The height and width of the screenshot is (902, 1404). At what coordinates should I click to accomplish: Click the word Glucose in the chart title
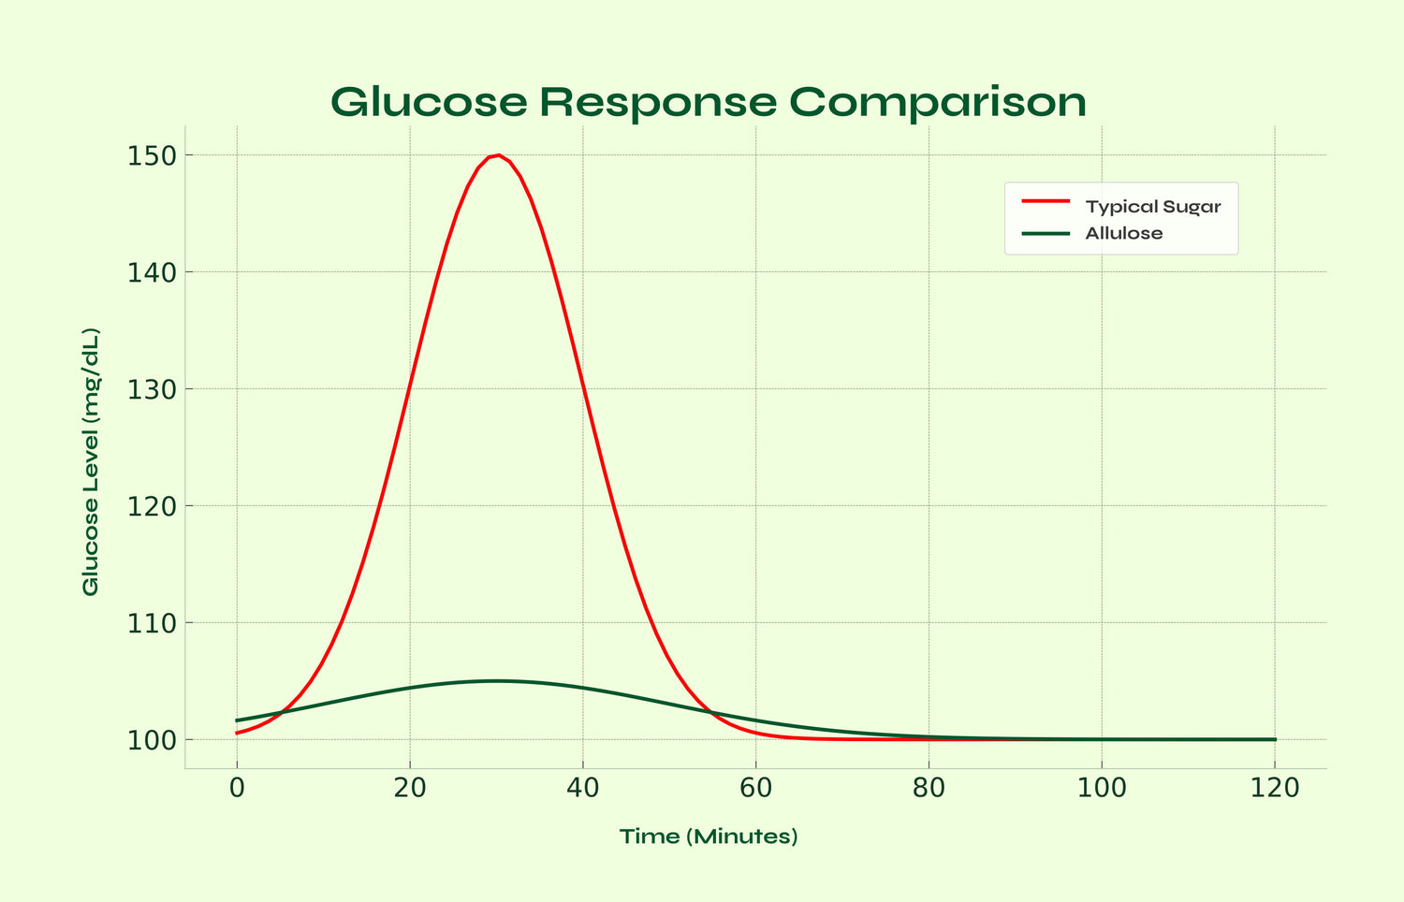click(x=430, y=102)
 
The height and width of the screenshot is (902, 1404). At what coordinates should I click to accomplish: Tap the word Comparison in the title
click(x=937, y=102)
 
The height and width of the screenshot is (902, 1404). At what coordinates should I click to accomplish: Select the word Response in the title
click(x=658, y=102)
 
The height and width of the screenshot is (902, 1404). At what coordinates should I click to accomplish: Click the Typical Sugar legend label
click(x=1152, y=207)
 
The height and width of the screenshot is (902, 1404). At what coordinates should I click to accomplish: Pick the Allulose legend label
click(x=1123, y=233)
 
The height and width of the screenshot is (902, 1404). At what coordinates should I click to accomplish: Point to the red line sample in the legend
click(x=1045, y=201)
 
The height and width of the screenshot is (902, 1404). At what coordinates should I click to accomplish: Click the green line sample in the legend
click(x=1045, y=233)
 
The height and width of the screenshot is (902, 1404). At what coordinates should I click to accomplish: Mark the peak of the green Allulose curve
click(x=496, y=681)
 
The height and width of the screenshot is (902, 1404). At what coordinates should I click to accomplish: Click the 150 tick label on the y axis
click(x=152, y=155)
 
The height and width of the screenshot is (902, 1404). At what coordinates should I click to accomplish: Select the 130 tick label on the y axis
click(x=152, y=389)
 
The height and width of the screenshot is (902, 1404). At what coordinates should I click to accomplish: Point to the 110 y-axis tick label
click(x=152, y=623)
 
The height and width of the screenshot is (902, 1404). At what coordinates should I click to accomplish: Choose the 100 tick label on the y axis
click(x=152, y=740)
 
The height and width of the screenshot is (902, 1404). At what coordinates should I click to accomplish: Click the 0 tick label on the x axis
click(x=237, y=789)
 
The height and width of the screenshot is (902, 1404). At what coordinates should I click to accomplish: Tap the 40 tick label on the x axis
click(x=582, y=789)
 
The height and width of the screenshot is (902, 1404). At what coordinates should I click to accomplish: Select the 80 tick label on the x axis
click(x=929, y=789)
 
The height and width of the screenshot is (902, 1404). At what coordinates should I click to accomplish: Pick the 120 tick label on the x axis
click(x=1275, y=789)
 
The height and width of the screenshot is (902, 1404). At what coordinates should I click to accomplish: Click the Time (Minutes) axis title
click(x=709, y=837)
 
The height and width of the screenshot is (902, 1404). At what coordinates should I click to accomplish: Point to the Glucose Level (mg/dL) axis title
click(x=91, y=461)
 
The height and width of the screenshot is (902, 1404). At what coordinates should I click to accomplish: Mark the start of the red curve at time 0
click(x=238, y=733)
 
